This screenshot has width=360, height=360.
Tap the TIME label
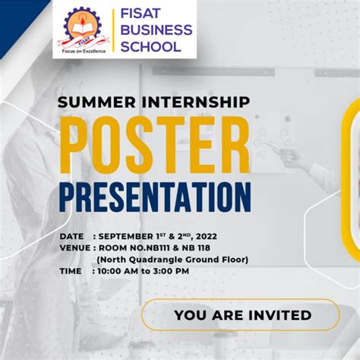(71, 270)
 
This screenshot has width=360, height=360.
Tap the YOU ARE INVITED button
(242, 314)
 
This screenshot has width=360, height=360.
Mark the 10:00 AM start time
(125, 270)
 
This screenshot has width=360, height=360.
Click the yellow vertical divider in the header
(113, 30)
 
